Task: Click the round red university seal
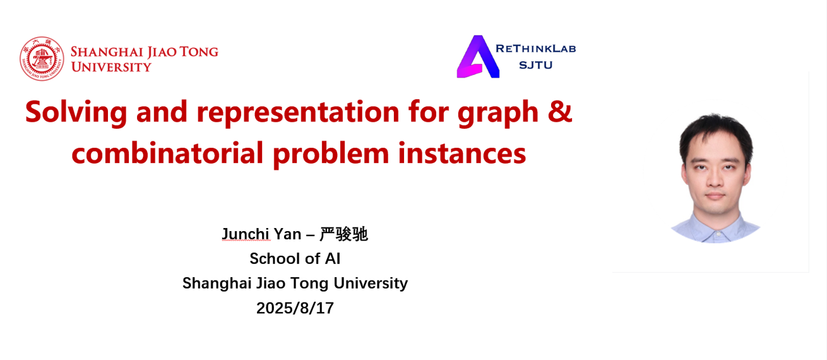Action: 42,59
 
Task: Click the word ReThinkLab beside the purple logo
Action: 536,49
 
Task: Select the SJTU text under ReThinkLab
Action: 536,65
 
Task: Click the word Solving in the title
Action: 76,112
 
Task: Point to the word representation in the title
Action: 298,112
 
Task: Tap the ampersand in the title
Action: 560,111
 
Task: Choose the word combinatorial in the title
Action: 167,153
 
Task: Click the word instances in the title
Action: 462,153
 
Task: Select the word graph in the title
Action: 497,113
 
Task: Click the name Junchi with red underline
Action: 246,234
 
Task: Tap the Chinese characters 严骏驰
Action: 343,234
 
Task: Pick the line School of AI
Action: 295,258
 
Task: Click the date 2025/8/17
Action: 295,308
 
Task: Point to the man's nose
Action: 715,178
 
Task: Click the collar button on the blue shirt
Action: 718,234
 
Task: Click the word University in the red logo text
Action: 111,67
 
